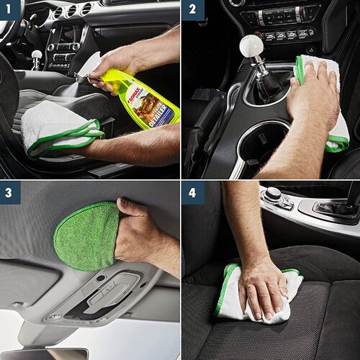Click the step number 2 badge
click(x=192, y=10)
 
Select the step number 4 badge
click(x=192, y=192)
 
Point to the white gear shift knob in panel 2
click(x=252, y=47)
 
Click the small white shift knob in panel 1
click(x=36, y=55)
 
